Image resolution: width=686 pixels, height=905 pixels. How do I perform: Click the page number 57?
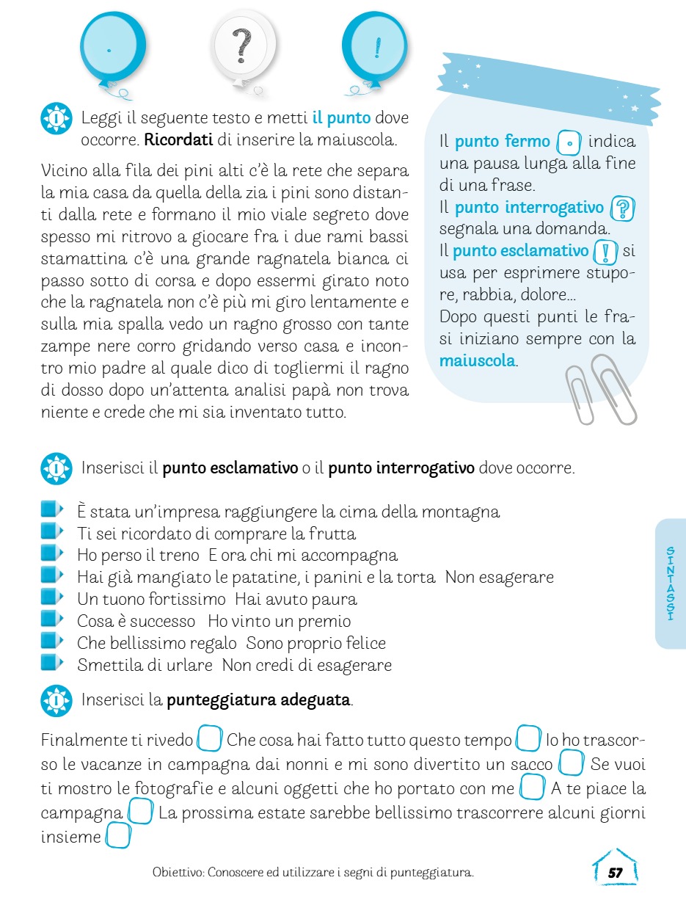pyautogui.click(x=615, y=873)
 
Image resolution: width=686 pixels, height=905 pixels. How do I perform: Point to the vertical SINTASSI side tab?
pyautogui.click(x=670, y=584)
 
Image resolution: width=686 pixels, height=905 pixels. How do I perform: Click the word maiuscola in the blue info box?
pyautogui.click(x=477, y=361)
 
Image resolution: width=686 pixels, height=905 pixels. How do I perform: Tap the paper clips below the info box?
pyautogui.click(x=601, y=393)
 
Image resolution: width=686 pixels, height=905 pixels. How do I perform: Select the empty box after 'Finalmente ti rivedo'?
pyautogui.click(x=210, y=738)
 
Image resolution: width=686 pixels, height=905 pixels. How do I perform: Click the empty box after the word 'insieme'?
pyautogui.click(x=117, y=836)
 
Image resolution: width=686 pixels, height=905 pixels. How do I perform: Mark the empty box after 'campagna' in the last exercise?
pyautogui.click(x=139, y=813)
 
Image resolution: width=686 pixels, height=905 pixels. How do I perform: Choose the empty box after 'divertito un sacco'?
pyautogui.click(x=570, y=763)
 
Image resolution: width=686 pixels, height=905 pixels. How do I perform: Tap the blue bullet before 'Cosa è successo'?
pyautogui.click(x=50, y=620)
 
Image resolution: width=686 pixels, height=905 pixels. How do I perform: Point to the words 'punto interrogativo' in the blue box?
pyautogui.click(x=528, y=208)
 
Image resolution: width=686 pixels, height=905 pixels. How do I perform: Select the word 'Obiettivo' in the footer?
pyautogui.click(x=177, y=873)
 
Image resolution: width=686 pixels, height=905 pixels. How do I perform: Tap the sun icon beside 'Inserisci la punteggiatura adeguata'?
pyautogui.click(x=56, y=699)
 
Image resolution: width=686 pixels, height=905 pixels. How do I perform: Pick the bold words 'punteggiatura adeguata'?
pyautogui.click(x=258, y=699)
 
